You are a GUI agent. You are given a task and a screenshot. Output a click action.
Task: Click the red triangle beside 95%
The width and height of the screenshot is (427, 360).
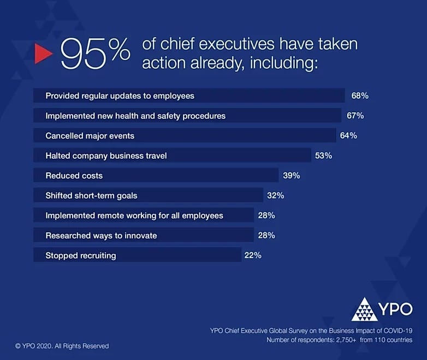43,53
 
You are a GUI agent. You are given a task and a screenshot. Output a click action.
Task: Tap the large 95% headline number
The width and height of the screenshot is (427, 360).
96,53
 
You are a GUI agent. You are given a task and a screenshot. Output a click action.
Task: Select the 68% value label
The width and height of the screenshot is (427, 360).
360,95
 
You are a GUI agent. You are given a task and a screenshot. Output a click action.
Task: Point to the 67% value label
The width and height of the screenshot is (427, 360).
355,116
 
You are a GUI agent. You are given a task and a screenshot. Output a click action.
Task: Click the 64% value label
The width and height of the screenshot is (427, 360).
348,135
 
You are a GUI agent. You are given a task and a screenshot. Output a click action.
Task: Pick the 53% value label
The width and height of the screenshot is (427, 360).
323,155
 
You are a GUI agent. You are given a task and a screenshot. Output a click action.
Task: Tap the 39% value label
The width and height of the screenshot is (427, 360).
291,176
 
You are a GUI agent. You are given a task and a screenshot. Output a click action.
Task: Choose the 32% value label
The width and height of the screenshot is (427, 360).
275,195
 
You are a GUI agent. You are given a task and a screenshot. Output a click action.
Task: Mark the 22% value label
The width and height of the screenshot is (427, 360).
253,255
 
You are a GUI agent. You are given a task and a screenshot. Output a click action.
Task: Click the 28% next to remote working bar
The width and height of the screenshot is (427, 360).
266,215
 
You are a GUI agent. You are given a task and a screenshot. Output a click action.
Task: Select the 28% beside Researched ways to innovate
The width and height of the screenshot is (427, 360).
266,235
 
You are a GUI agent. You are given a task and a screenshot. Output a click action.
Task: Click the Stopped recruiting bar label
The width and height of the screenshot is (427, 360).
80,255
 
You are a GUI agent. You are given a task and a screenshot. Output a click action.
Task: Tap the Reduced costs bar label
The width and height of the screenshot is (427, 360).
74,176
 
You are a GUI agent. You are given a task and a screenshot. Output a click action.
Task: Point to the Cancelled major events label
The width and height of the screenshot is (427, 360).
90,135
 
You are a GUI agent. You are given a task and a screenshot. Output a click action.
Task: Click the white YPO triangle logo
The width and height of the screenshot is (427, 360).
364,309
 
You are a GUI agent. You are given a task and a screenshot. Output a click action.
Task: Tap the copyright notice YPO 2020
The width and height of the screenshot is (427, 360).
62,346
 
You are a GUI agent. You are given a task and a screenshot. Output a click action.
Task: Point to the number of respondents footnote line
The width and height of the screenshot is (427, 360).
339,340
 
